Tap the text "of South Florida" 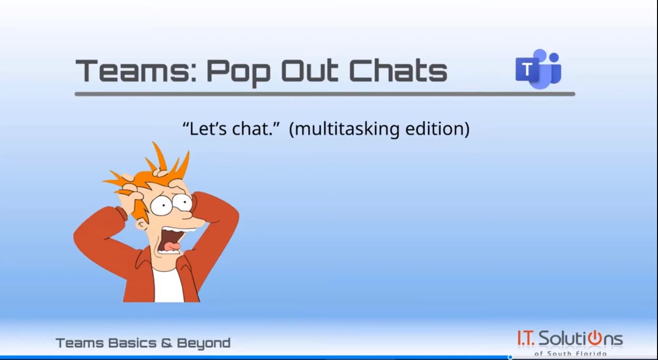(x=570, y=354)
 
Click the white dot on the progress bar (x=510, y=357)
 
